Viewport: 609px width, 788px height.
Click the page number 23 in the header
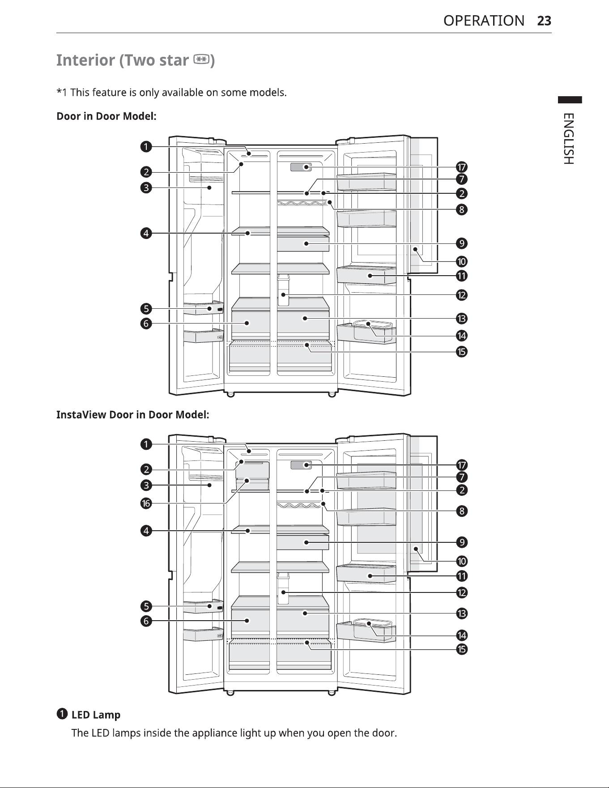pyautogui.click(x=544, y=21)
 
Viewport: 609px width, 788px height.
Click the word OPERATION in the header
pyautogui.click(x=484, y=21)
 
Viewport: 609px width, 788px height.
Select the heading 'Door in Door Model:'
pyautogui.click(x=106, y=116)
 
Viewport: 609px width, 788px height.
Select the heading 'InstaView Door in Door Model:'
pyautogui.click(x=133, y=415)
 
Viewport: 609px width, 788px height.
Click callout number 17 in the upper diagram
pyautogui.click(x=462, y=167)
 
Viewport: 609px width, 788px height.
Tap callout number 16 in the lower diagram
pyautogui.click(x=146, y=503)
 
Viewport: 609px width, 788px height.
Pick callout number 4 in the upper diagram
pyautogui.click(x=146, y=233)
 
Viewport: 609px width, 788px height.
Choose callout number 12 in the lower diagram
pyautogui.click(x=462, y=593)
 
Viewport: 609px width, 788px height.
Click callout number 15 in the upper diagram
pyautogui.click(x=462, y=352)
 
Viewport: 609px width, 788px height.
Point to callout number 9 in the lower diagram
pyautogui.click(x=462, y=542)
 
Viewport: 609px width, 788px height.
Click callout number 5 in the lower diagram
pyautogui.click(x=146, y=606)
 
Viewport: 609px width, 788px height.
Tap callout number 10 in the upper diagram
pyautogui.click(x=462, y=261)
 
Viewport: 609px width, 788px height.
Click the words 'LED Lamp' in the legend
pyautogui.click(x=96, y=715)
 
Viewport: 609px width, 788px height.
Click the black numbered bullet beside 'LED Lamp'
pyautogui.click(x=62, y=714)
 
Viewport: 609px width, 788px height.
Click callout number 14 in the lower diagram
pyautogui.click(x=462, y=635)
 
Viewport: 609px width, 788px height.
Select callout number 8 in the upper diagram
pyautogui.click(x=462, y=209)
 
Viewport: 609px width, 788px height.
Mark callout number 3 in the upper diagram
pyautogui.click(x=146, y=187)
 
